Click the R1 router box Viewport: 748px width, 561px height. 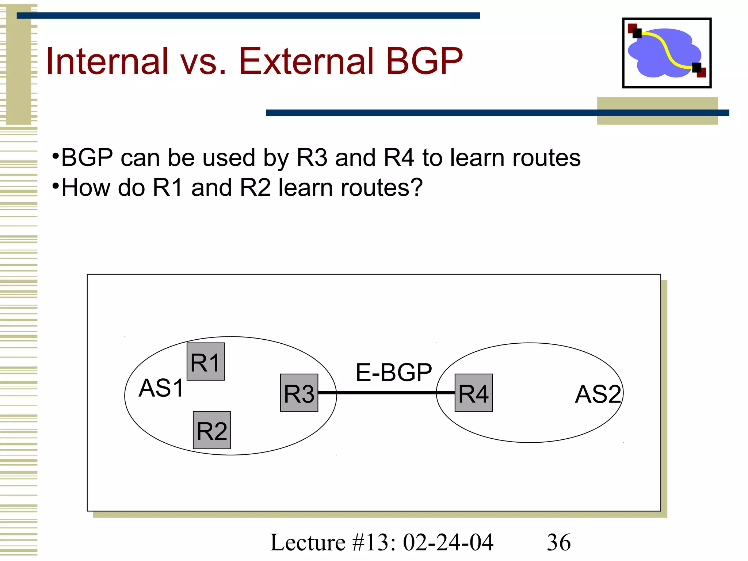[x=206, y=362]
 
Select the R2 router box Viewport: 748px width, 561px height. [x=212, y=430]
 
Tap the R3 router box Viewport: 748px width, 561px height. [x=299, y=393]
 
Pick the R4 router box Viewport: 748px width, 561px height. [x=474, y=393]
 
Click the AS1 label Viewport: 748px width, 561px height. [x=161, y=388]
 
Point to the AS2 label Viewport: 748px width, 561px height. [x=598, y=394]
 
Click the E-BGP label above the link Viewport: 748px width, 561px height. [x=394, y=373]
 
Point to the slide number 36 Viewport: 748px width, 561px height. [x=558, y=542]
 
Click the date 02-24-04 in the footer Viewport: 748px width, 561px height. [x=448, y=542]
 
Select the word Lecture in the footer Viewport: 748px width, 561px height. [x=308, y=542]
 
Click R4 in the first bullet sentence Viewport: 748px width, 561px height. [x=399, y=158]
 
